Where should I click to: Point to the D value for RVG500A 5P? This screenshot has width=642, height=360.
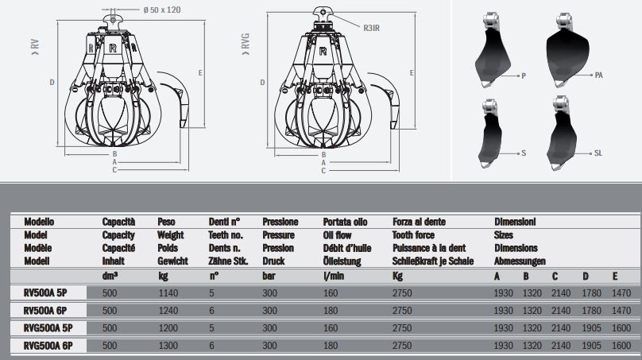pyautogui.click(x=590, y=328)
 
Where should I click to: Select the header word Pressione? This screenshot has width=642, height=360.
pyautogui.click(x=280, y=223)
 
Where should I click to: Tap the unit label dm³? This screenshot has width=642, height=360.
pyautogui.click(x=110, y=276)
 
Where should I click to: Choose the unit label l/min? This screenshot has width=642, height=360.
pyautogui.click(x=332, y=276)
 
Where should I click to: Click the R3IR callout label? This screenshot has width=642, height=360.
pyautogui.click(x=370, y=29)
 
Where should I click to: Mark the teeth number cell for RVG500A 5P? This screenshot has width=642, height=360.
pyautogui.click(x=213, y=328)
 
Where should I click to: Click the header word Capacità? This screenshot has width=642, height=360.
pyautogui.click(x=119, y=223)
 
